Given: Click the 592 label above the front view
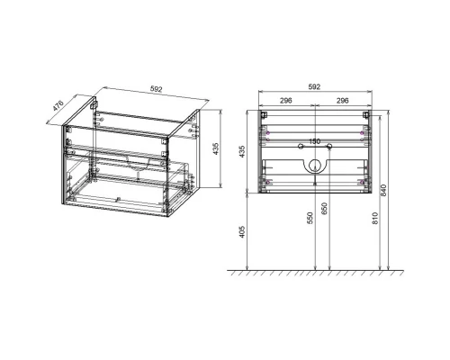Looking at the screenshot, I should point(315,87).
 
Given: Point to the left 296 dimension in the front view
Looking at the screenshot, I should point(288,102).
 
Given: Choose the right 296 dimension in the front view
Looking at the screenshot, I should point(342,102).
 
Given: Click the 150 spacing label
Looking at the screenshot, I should point(315,140).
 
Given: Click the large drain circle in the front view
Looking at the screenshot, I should point(315,166).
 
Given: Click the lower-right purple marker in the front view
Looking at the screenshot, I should point(363,184).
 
